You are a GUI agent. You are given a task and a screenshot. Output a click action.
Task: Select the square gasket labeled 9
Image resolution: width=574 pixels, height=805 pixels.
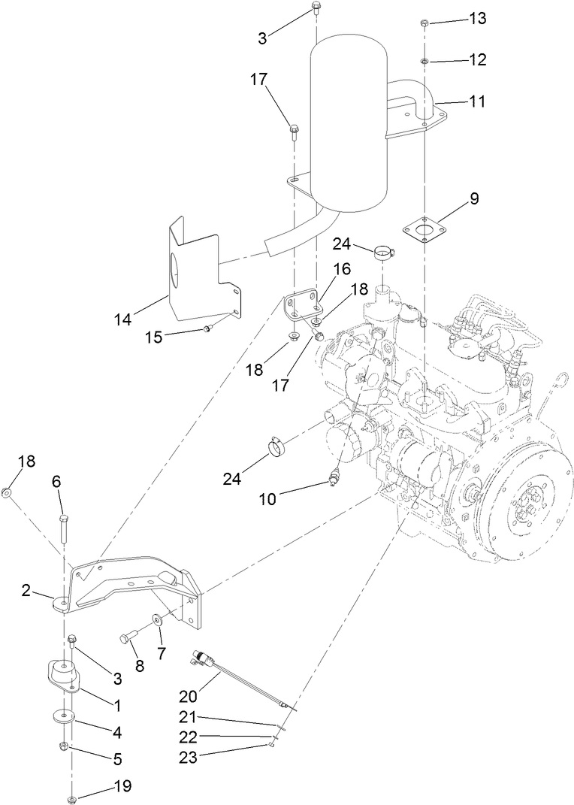click(424, 229)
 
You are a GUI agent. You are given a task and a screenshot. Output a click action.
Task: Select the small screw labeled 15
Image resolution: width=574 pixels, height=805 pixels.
click(207, 328)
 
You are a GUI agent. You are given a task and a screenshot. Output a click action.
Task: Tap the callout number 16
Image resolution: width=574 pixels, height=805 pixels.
click(342, 269)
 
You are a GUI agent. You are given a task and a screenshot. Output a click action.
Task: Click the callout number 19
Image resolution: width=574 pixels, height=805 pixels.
click(121, 786)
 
